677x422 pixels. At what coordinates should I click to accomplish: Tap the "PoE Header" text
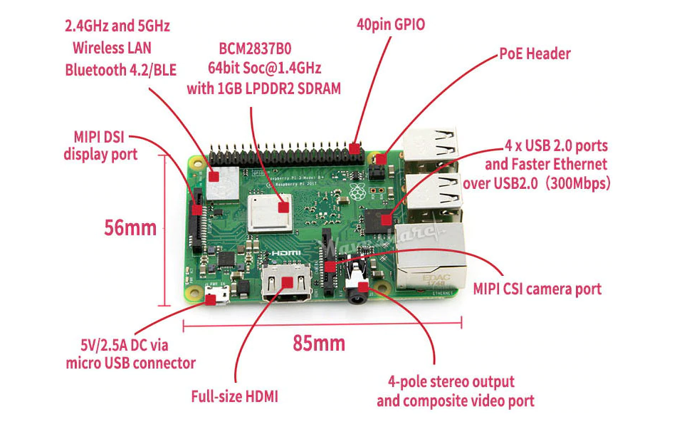point(535,53)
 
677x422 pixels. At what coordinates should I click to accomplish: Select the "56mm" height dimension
point(130,229)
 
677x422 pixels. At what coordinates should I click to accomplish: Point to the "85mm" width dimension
point(319,344)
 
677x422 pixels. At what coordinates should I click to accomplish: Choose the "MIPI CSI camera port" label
point(537,289)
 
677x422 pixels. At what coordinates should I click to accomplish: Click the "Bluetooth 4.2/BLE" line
point(120,69)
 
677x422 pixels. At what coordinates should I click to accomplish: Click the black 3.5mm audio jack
point(359,288)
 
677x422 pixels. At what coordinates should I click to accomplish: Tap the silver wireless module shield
point(221,182)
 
